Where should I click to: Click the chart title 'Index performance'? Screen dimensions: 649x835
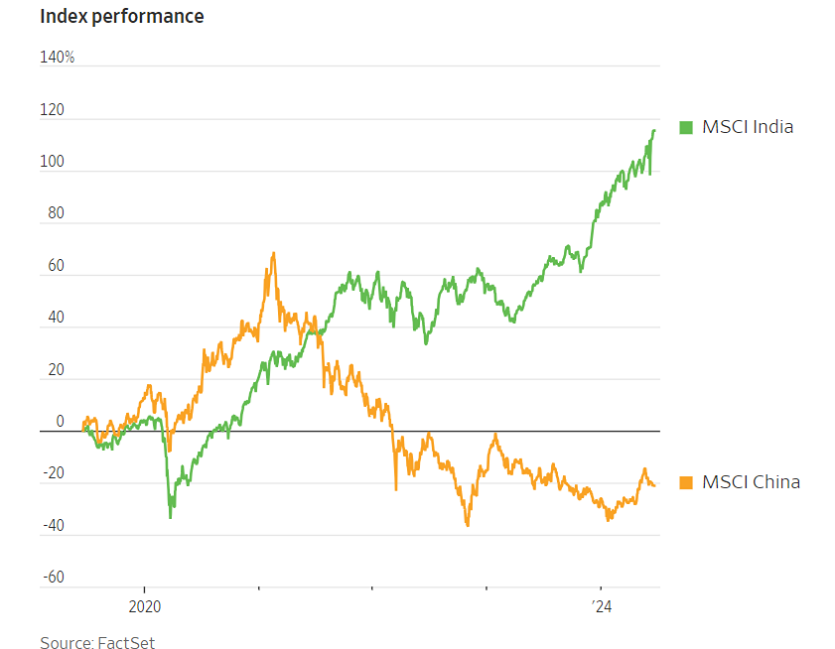coord(122,17)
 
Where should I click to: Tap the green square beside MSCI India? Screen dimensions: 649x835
coord(685,127)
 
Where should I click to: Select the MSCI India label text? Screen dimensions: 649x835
coord(748,127)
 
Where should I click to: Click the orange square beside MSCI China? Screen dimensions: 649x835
coord(685,482)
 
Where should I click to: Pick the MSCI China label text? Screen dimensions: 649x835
coord(751,482)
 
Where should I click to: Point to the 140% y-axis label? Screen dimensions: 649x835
coord(58,58)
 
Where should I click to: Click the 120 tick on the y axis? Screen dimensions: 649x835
coord(52,110)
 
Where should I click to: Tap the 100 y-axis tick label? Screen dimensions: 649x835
coord(52,162)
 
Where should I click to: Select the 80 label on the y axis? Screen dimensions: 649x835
coord(55,213)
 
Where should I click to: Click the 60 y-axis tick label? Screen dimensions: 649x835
coord(55,266)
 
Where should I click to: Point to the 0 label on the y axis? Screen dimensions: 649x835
coord(60,422)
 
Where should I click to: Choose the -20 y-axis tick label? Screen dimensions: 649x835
coord(52,473)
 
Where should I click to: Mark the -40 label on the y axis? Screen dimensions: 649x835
coord(52,526)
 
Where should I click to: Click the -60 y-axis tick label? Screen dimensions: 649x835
coord(52,578)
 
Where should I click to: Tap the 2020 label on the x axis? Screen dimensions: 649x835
coord(144,604)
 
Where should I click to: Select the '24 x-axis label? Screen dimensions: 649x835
coord(602,604)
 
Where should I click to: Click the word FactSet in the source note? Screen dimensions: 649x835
coord(126,643)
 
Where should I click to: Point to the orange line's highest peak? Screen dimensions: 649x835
coord(273,253)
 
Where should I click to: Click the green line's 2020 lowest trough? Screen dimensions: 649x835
coord(171,517)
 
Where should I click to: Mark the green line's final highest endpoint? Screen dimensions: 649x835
coord(654,130)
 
